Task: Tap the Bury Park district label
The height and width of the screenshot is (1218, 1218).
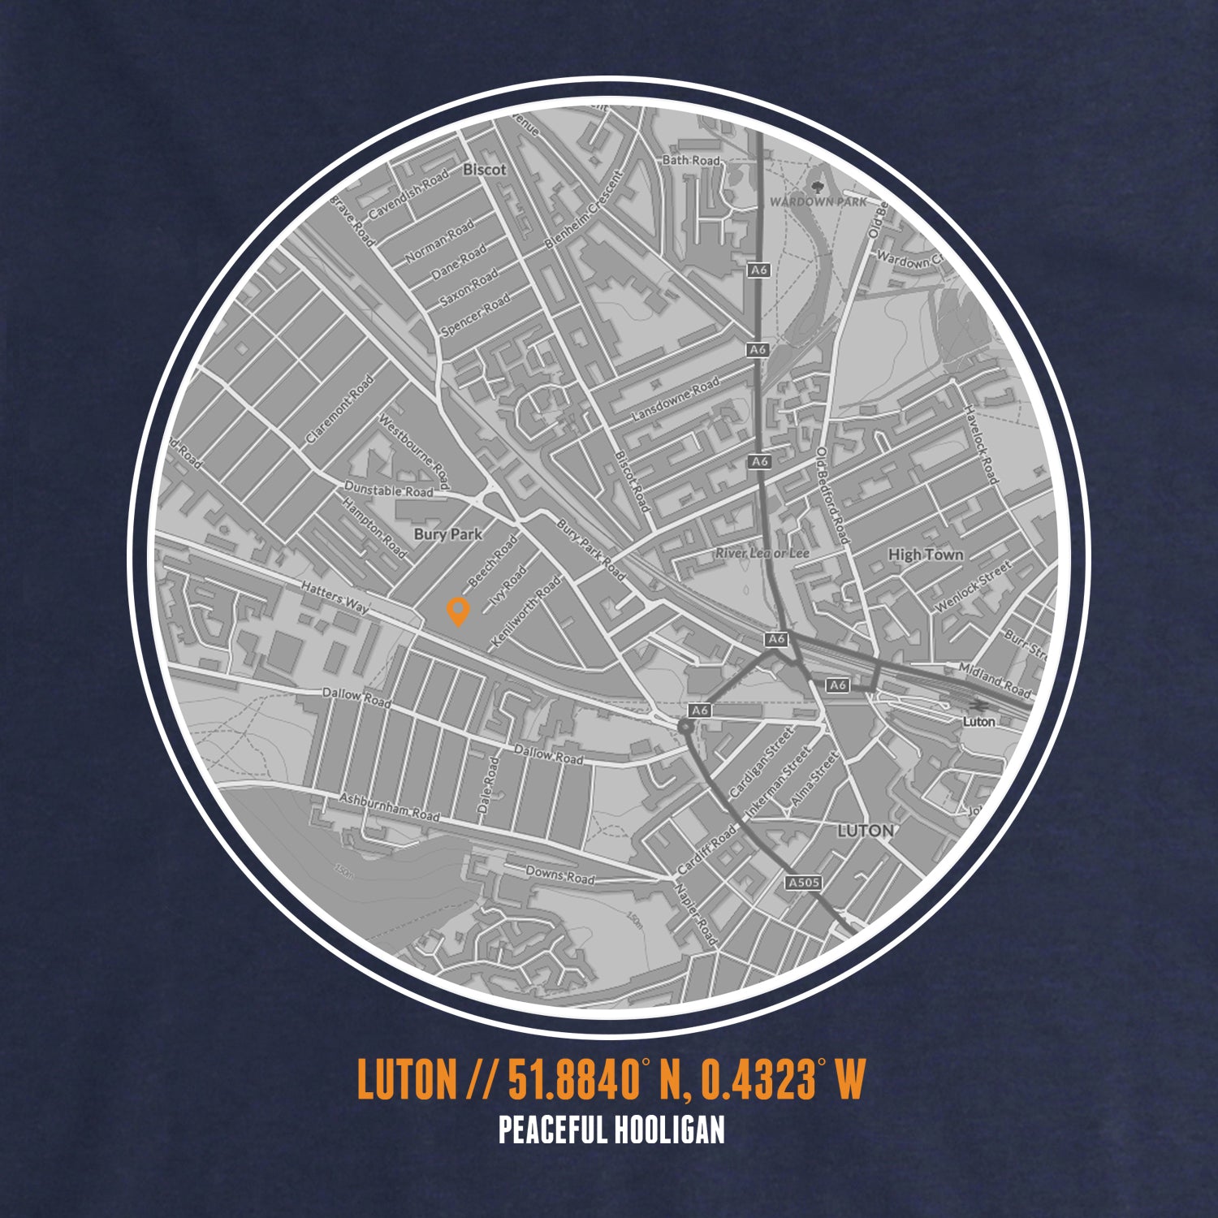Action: (x=447, y=534)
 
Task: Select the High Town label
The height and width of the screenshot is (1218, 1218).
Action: (x=926, y=555)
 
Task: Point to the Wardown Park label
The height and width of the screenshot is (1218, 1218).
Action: (x=818, y=201)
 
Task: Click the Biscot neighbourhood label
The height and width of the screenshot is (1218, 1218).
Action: (x=484, y=170)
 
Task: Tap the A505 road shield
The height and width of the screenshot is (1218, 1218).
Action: (x=804, y=882)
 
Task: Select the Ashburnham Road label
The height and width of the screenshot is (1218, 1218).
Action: (x=389, y=807)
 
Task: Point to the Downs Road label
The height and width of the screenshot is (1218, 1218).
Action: (x=560, y=875)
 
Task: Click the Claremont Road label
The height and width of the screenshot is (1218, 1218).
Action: (x=340, y=408)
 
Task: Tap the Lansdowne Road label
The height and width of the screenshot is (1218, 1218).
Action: (x=676, y=400)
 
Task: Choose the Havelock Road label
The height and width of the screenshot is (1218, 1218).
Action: (x=980, y=444)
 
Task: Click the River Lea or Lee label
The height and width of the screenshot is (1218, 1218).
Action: (x=762, y=553)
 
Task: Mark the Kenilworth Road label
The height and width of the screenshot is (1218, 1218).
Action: (x=526, y=612)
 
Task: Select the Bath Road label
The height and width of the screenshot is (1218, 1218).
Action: (x=691, y=161)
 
